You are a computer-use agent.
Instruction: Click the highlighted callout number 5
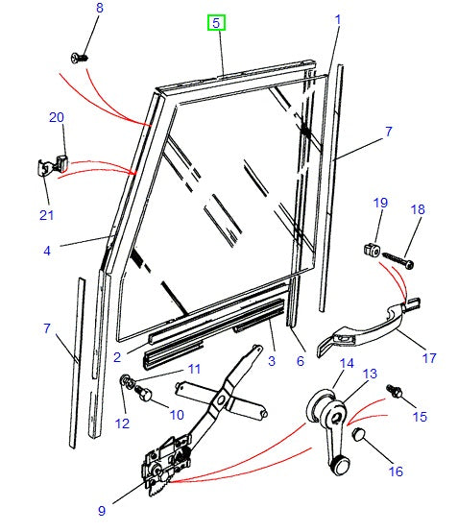pos(217,22)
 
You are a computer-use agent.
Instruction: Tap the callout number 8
pos(97,10)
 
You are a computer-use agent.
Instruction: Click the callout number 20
pos(56,117)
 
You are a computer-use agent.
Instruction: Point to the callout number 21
pos(47,213)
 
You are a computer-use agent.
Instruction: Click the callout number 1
pos(338,18)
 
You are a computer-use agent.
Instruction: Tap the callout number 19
pos(380,204)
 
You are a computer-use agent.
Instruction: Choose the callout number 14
pos(347,365)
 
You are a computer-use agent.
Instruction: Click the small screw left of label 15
pos(393,393)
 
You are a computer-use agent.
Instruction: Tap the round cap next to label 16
pos(358,435)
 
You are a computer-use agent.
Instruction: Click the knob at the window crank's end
pos(337,468)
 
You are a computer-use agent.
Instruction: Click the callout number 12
pos(122,423)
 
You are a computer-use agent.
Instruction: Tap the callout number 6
pos(300,361)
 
